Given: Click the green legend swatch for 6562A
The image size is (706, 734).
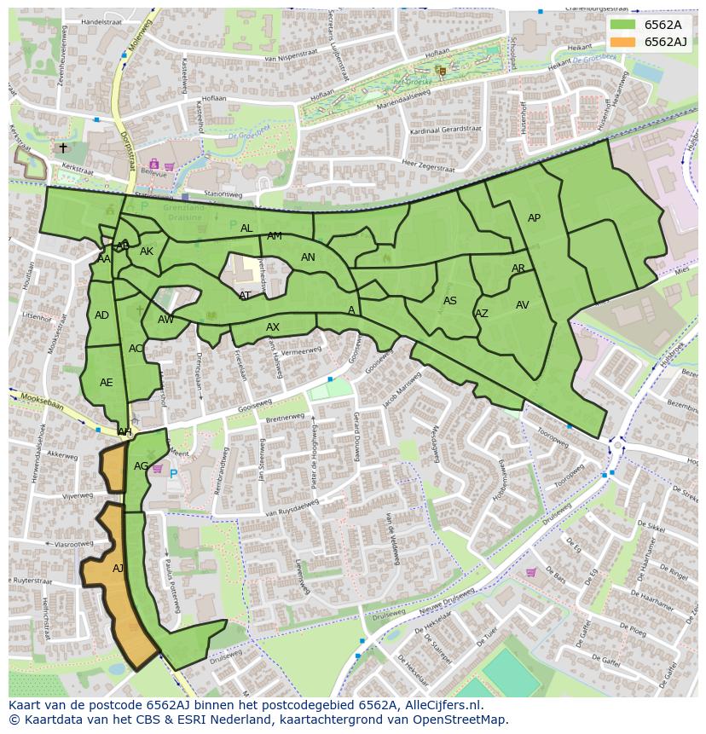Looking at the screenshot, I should coord(623,25).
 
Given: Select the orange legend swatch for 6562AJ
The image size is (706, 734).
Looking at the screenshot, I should coord(623,42).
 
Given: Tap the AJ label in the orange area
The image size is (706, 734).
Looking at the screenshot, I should coord(118,568).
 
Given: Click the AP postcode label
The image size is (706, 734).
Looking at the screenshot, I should coord(534,218).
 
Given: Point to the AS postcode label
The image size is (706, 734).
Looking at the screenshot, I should coord(450,301).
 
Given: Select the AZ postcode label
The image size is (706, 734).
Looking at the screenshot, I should coord(482,314).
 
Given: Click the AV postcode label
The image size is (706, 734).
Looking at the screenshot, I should coord(523,305).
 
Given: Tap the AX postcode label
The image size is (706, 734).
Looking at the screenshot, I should coord(273,327).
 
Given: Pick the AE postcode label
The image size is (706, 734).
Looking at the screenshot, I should coord(106,383).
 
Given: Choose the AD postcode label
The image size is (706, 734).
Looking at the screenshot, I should coord(101,315).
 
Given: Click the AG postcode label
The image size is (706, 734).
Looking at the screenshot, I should coord(142,466).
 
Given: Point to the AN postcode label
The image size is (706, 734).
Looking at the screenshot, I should coord(308,257).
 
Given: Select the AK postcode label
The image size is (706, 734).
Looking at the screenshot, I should coord(147,251).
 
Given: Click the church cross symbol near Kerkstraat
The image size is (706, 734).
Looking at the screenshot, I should coord(62,147).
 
